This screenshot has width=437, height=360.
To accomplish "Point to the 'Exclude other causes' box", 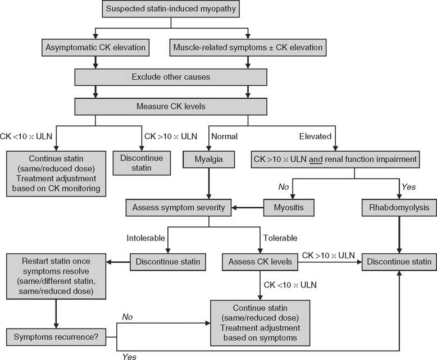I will (171, 76).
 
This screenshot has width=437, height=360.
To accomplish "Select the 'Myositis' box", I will (288, 208).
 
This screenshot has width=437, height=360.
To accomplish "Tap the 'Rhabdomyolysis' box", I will (399, 208).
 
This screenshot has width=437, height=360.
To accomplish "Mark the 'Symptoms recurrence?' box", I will (56, 338).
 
